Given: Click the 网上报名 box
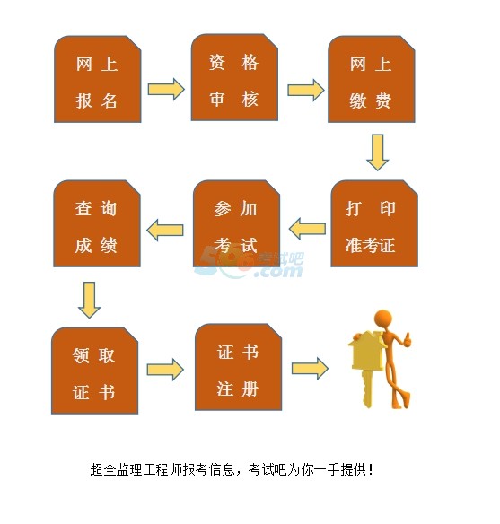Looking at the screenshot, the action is point(98,79).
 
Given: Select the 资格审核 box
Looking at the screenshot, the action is point(234,77).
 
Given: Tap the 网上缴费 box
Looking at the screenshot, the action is point(372,79).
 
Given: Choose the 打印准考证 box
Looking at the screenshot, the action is point(374,223).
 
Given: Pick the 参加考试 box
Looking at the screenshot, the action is point(237,223).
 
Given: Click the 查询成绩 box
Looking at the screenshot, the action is point(97,223).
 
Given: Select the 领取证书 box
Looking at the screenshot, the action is point(94,371).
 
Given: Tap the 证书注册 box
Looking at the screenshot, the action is point(239,367).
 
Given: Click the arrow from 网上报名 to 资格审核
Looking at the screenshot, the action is point(166,89).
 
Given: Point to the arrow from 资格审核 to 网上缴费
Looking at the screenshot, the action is point(306,90).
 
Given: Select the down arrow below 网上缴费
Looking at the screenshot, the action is point(378,153).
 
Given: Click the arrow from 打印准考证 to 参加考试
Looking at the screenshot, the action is point(307,229).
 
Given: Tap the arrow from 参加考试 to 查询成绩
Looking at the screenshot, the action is point(165,230).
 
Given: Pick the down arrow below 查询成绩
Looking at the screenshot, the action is point(89,300).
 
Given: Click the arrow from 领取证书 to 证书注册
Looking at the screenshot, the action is point(165,370).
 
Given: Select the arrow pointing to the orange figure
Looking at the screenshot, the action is point(311,369).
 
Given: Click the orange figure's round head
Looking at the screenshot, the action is point(383,319).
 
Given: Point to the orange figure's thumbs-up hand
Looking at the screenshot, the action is point(406,339).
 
